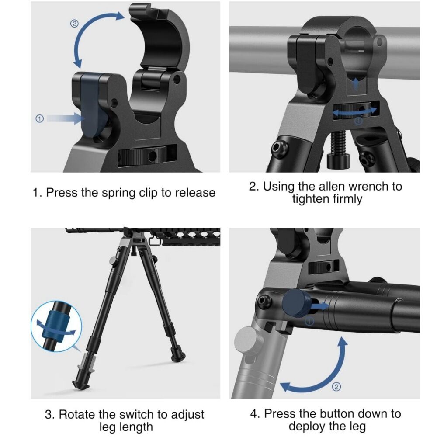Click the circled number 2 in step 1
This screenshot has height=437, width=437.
click(x=74, y=24)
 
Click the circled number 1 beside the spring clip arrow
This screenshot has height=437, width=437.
click(x=40, y=119)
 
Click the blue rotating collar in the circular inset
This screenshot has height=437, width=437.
click(x=55, y=325)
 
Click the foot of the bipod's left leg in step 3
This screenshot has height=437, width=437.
click(x=81, y=385)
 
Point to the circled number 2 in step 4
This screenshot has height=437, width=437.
click(x=336, y=387)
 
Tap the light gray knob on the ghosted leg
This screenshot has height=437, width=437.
click(x=249, y=340)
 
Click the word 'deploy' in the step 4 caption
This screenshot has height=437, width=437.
click(x=306, y=427)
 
